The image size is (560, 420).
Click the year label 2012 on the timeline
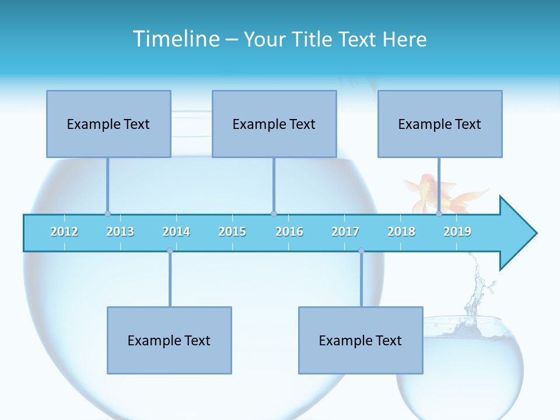pyautogui.click(x=64, y=232)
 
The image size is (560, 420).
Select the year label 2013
pyautogui.click(x=120, y=232)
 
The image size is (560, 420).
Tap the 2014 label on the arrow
pyautogui.click(x=176, y=232)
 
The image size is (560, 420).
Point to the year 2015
pyautogui.click(x=232, y=232)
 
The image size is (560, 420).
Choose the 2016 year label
pyautogui.click(x=289, y=232)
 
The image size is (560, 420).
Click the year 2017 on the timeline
pyautogui.click(x=345, y=232)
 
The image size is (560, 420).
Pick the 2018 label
pyautogui.click(x=401, y=232)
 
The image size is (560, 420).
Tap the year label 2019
pyautogui.click(x=457, y=232)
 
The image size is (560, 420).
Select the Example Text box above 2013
pyautogui.click(x=108, y=124)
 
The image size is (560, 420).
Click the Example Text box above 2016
pyautogui.click(x=274, y=124)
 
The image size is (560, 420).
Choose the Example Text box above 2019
pyautogui.click(x=440, y=124)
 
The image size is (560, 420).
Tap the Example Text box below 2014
pyautogui.click(x=169, y=340)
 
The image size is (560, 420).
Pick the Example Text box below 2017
pyautogui.click(x=360, y=340)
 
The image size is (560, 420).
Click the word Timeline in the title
pyautogui.click(x=175, y=39)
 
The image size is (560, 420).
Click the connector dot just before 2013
pyautogui.click(x=107, y=214)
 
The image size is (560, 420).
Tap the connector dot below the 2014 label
pyautogui.click(x=170, y=251)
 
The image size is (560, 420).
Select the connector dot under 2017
pyautogui.click(x=361, y=251)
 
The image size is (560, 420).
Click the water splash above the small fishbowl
pyautogui.click(x=478, y=286)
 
